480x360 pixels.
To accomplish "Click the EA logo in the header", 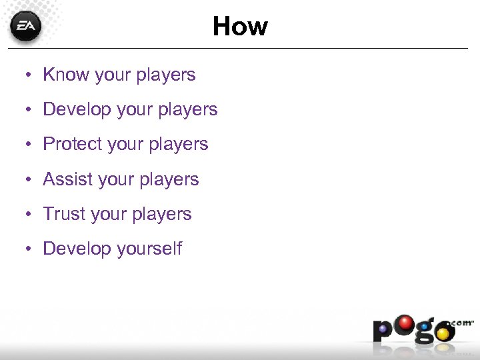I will click(x=25, y=27).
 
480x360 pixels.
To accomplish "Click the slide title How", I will click(x=240, y=27).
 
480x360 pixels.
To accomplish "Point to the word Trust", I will click(x=62, y=214).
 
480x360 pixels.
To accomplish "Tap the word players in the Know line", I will click(x=167, y=75).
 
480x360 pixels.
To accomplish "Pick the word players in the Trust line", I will click(x=163, y=215).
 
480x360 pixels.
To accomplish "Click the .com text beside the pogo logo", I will click(x=463, y=322).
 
